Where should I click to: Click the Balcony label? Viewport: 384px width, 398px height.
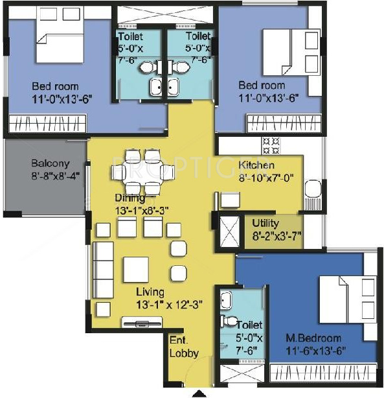pos(49,163)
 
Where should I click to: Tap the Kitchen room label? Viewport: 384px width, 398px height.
pos(256,165)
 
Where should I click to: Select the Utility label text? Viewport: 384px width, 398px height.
pos(265,222)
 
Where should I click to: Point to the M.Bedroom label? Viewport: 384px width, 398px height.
pos(313,338)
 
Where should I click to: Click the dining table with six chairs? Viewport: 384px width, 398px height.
pos(143,172)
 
